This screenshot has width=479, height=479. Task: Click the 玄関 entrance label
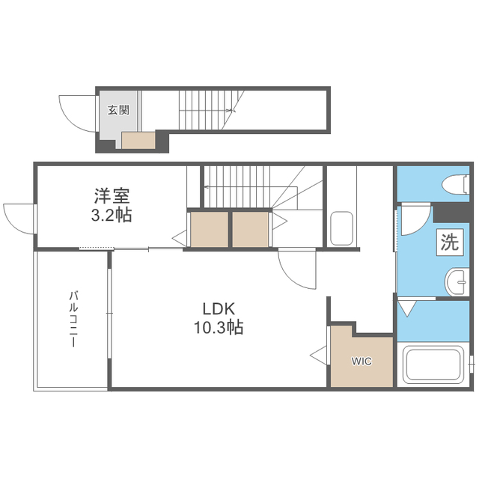pyautogui.click(x=118, y=110)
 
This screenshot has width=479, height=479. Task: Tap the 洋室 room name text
pyautogui.click(x=112, y=196)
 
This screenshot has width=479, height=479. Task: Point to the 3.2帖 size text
pyautogui.click(x=112, y=215)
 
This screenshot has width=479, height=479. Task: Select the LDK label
pyautogui.click(x=219, y=309)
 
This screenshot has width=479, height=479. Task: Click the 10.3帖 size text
pyautogui.click(x=219, y=328)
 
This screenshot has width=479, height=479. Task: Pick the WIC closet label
pyautogui.click(x=361, y=361)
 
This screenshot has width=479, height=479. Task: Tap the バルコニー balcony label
pyautogui.click(x=73, y=319)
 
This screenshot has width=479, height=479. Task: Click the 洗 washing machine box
pyautogui.click(x=449, y=242)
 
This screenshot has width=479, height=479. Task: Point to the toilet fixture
pyautogui.click(x=456, y=184)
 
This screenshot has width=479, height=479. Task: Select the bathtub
pyautogui.click(x=433, y=364)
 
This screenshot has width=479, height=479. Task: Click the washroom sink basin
pyautogui.click(x=457, y=282)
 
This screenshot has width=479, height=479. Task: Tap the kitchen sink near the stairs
pyautogui.click(x=342, y=228)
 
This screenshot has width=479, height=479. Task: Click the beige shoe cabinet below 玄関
pyautogui.click(x=138, y=141)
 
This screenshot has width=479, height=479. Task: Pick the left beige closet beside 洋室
pyautogui.click(x=210, y=229)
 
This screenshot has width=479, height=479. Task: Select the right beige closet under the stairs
pyautogui.click(x=251, y=229)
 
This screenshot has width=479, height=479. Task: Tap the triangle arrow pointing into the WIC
pyautogui.click(x=318, y=356)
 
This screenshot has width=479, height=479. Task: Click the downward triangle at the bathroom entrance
pyautogui.click(x=407, y=308)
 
